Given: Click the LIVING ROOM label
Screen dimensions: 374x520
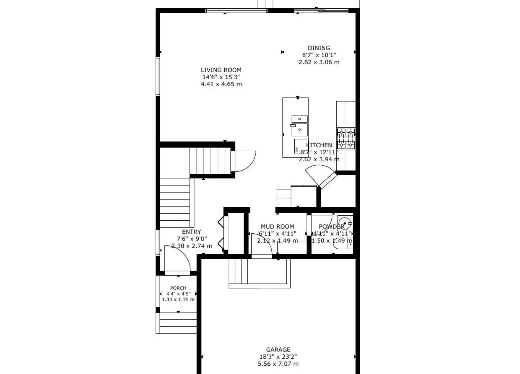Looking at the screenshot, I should coord(221,70).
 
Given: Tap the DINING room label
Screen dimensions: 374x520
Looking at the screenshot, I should coord(319,48).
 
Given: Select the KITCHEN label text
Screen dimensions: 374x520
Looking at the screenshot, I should coord(319,145).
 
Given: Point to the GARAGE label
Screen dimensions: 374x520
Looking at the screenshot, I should coord(278,350).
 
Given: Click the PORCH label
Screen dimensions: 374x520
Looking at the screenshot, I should coord(178,288).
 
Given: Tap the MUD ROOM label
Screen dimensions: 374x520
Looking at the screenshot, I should coord(277,226).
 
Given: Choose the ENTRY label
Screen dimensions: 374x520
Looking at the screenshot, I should coord(191,232).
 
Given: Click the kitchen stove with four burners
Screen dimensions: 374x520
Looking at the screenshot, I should coord(346,139).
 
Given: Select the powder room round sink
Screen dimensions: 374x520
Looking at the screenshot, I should coord(345,222).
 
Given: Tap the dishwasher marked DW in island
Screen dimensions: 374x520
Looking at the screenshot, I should coord(301,145).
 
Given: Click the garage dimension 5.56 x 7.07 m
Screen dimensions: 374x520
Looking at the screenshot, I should coord(278,364).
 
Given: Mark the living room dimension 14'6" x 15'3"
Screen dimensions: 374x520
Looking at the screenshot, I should coord(221,77).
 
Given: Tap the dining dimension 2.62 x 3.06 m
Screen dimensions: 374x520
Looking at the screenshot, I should coord(319,62).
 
